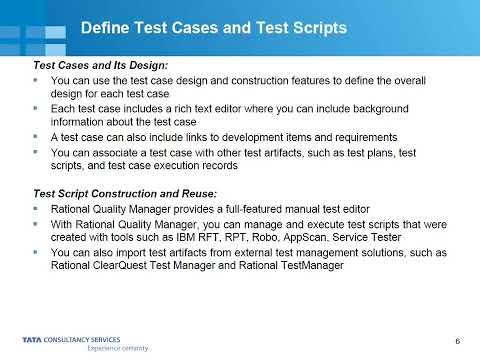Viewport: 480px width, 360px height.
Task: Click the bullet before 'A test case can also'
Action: coord(38,135)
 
